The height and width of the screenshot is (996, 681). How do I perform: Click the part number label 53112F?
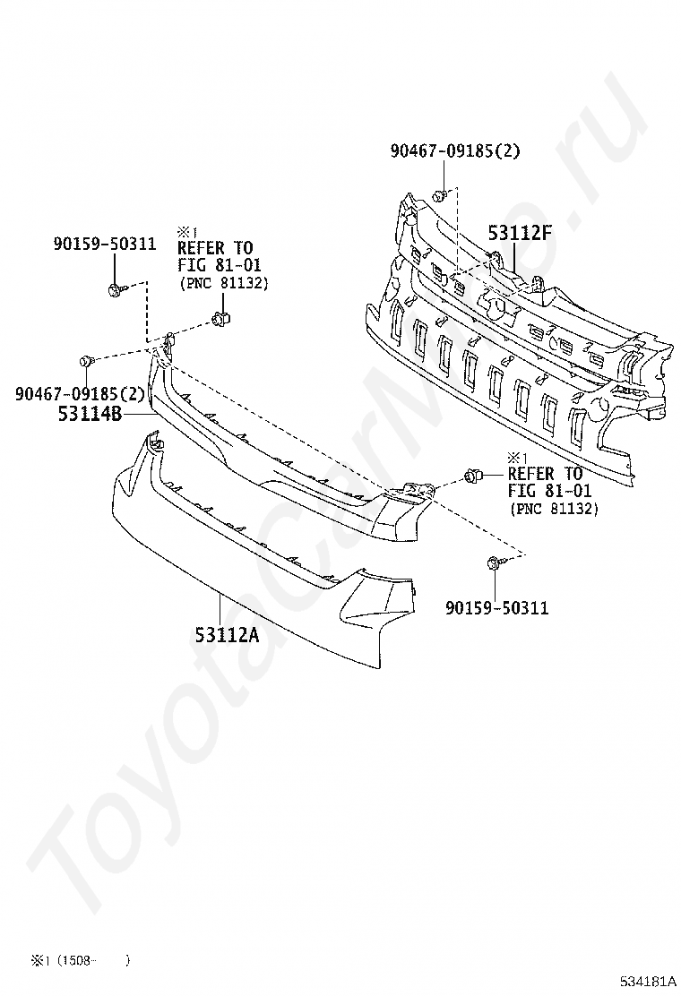coord(519,234)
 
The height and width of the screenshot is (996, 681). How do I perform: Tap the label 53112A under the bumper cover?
coord(227,635)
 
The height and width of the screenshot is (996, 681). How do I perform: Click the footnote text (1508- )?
coord(94,961)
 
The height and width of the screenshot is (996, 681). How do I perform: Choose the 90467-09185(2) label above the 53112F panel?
coord(454,151)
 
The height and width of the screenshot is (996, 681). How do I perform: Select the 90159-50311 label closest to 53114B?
coord(104,244)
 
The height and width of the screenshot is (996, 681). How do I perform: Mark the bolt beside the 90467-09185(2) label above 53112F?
coord(438,195)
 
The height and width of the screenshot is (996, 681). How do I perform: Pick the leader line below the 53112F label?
coord(514,258)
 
